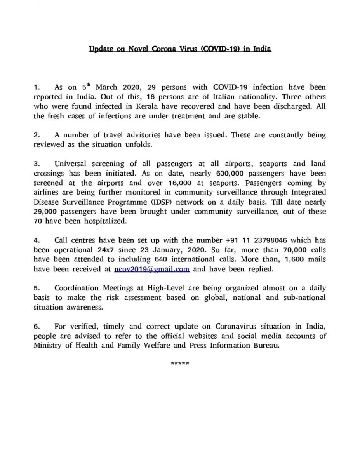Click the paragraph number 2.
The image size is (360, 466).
[36, 136]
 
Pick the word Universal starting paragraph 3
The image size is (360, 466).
[71, 164]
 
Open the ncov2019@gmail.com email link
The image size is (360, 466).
[152, 269]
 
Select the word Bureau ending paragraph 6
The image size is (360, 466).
[267, 346]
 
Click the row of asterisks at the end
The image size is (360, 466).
[180, 364]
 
